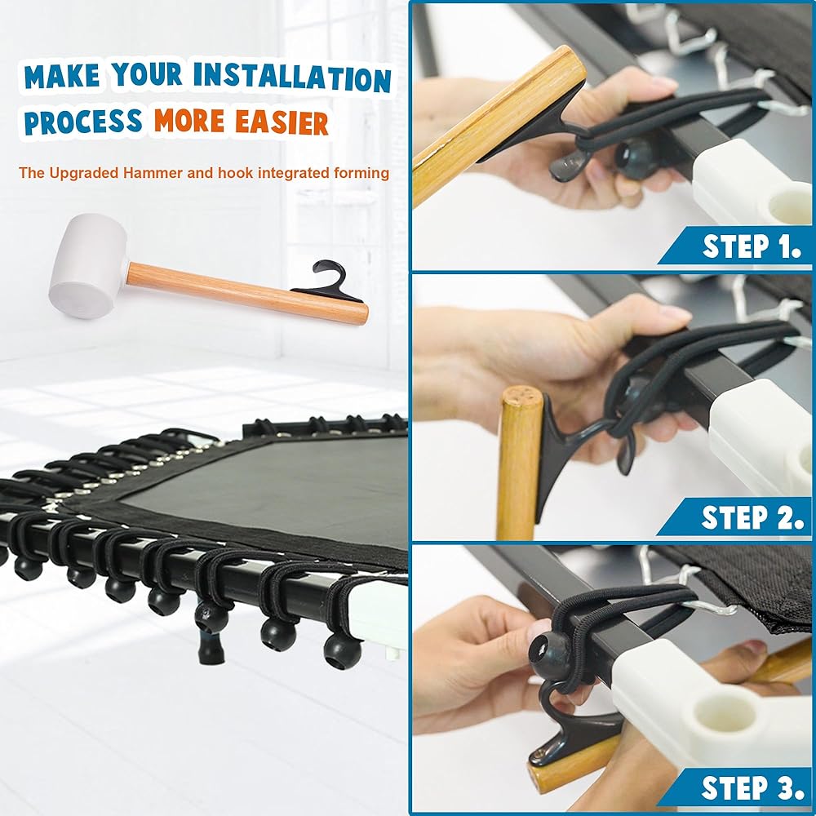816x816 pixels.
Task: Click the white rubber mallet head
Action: (x=88, y=265)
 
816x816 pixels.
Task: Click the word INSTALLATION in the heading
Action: (x=292, y=77)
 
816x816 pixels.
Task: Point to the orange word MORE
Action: (x=189, y=121)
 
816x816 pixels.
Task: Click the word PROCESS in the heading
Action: (x=83, y=122)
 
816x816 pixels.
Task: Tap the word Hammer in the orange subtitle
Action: (x=153, y=173)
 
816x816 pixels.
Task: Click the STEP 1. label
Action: (x=752, y=246)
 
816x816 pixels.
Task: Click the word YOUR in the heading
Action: (x=147, y=74)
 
